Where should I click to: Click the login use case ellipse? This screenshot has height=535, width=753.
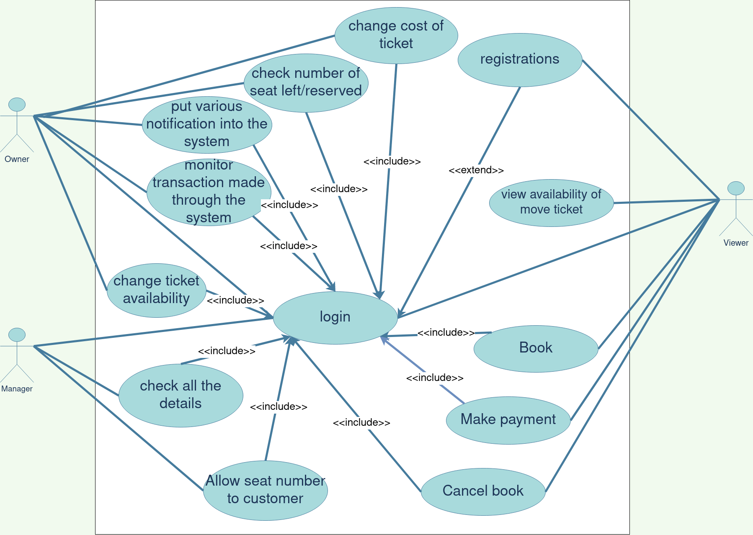tap(335, 317)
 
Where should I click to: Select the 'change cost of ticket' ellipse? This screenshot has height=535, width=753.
tap(396, 35)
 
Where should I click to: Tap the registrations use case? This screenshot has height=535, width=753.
tap(520, 59)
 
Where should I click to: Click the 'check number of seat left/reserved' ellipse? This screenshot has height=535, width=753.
tap(306, 82)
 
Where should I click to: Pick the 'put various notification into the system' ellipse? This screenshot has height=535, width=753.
tap(207, 124)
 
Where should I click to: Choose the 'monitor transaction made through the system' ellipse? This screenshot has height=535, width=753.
tap(209, 192)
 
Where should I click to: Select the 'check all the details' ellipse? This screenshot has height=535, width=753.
tap(181, 395)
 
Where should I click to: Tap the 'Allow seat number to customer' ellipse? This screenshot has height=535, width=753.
tap(265, 490)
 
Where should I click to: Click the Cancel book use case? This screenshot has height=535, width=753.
tap(483, 491)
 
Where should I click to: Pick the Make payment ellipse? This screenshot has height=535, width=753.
tap(508, 419)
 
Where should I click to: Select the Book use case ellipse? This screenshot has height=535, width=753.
tap(536, 348)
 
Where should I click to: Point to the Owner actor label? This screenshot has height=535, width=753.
tap(17, 159)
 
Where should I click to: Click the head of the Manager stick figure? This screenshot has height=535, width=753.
tap(17, 334)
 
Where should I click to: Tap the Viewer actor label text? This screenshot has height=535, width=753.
tap(736, 243)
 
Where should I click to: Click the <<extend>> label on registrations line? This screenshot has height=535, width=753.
tap(476, 170)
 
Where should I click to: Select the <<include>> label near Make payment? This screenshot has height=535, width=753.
tap(435, 378)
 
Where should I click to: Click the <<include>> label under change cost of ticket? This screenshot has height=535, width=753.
tap(392, 161)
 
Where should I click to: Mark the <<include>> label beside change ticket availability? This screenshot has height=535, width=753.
tap(235, 300)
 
